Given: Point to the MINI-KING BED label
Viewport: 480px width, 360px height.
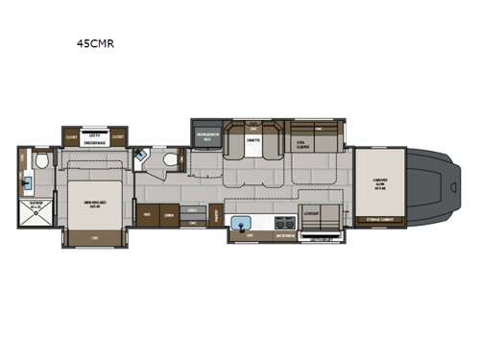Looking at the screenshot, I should coord(94,204).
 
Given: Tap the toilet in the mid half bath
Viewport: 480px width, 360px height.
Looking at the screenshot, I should coord(171,160).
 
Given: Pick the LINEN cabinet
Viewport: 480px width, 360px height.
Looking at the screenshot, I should coord(169,215).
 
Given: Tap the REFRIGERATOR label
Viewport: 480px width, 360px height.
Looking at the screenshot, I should coord(204,137).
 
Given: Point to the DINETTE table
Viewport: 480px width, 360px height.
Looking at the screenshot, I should coord(253,144).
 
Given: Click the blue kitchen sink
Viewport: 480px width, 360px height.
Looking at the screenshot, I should coord(236,227).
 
